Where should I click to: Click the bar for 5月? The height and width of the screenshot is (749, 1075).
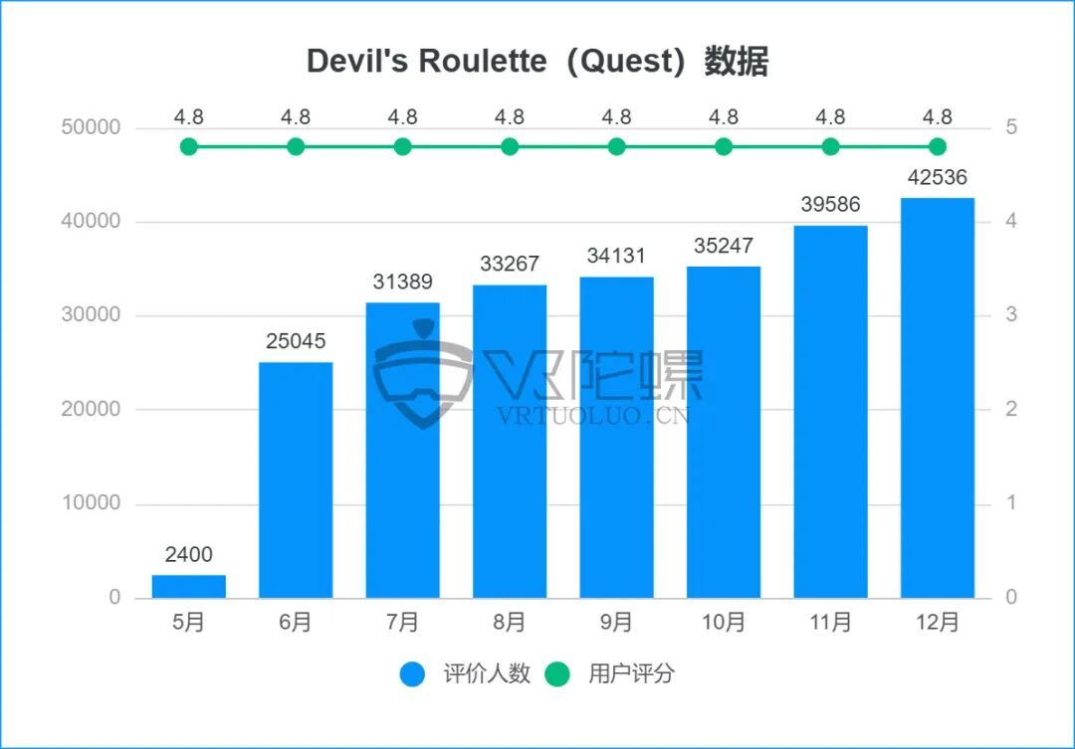pos(189,586)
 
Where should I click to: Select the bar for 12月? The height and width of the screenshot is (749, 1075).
pos(937,398)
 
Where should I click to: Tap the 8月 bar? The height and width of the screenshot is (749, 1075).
pos(510,441)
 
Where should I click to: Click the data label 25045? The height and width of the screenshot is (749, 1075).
pos(296,341)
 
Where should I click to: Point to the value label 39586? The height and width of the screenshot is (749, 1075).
pos(830,205)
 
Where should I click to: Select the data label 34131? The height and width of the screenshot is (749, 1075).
pos(616,257)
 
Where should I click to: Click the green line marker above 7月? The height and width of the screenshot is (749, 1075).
pos(402,147)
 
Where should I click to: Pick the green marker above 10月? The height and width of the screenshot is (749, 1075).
pos(724,147)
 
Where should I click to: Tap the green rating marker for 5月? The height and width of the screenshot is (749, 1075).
pos(189,147)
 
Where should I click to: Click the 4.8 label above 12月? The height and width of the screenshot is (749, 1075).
pos(937,117)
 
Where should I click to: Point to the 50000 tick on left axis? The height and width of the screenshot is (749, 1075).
pos(92,127)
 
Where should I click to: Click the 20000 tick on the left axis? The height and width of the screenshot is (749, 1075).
pos(92,409)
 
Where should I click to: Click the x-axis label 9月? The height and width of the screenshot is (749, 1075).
pos(616,623)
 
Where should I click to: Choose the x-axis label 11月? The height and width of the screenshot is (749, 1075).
pos(830,623)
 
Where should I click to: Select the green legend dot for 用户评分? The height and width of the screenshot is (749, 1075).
pos(558,673)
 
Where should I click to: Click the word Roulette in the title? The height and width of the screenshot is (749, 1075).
pos(483,62)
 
